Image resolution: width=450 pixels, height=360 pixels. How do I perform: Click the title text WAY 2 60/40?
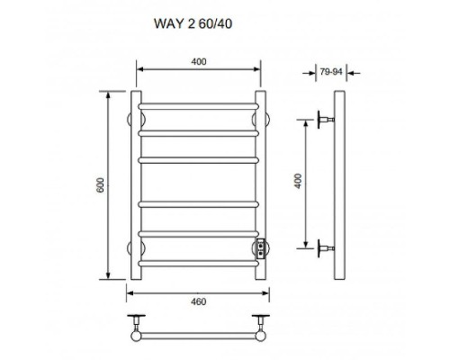[x=193, y=23]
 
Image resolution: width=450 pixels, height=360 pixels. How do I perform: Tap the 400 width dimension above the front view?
[x=199, y=62]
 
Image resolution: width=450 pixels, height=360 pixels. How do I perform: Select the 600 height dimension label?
[x=100, y=185]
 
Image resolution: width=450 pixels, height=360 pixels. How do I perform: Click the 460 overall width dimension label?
[x=198, y=301]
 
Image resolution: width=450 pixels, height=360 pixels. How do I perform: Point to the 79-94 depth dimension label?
[x=331, y=72]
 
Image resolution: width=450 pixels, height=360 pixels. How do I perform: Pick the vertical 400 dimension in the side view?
[x=298, y=181]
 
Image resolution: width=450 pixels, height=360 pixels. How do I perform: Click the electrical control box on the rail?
[x=261, y=248]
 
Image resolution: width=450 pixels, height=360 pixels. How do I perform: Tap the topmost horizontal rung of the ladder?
[x=198, y=106]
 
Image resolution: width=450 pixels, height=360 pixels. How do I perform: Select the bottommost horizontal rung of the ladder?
[x=198, y=264]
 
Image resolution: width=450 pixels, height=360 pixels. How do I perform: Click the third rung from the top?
[x=198, y=160]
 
